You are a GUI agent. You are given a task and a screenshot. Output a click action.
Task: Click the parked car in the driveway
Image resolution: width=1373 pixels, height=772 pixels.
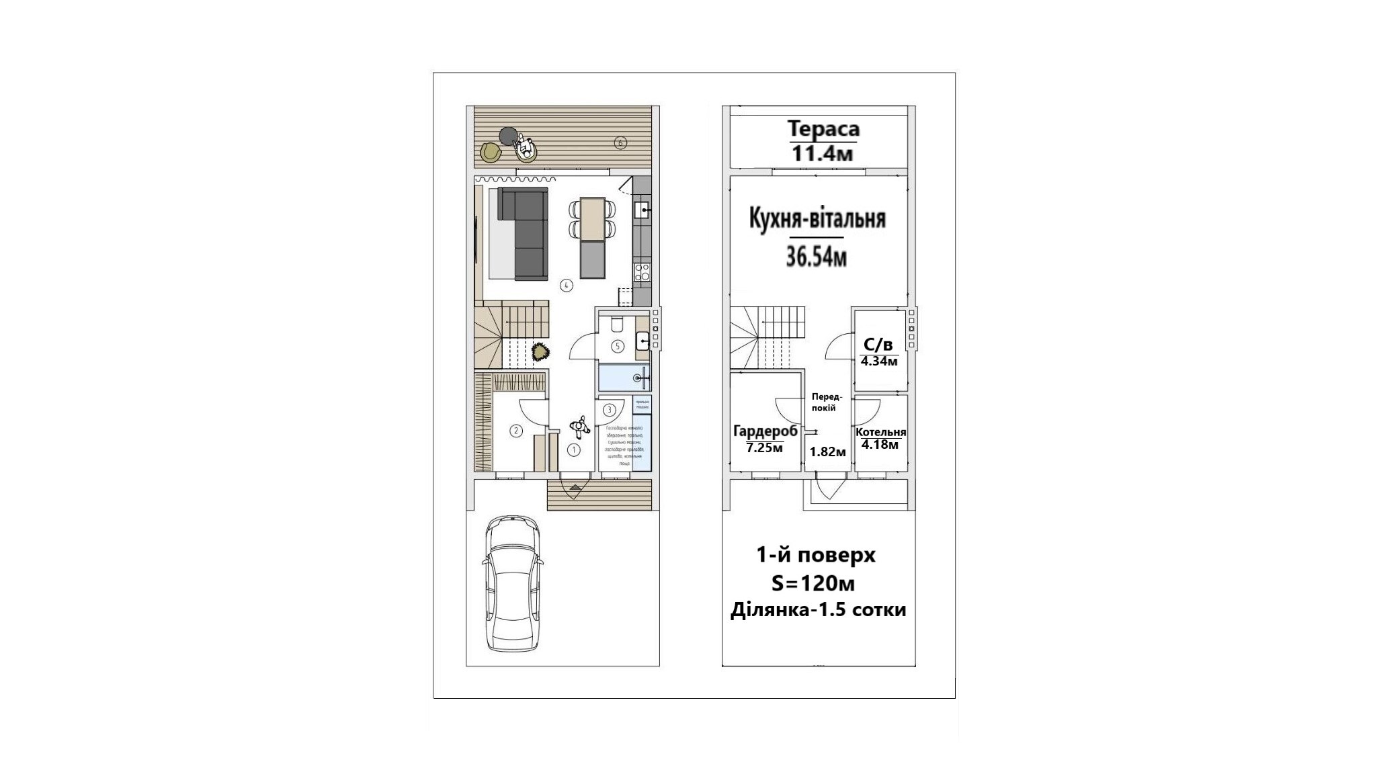(513, 584)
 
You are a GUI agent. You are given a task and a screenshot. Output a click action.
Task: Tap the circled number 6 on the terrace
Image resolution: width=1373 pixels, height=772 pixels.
(620, 142)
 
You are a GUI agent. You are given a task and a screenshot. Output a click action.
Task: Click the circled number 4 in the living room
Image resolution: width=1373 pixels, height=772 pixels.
(567, 286)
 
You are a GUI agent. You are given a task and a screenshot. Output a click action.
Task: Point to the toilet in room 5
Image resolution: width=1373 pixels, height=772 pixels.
(616, 325)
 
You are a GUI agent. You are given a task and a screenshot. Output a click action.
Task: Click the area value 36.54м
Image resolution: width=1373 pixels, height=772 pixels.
(816, 257)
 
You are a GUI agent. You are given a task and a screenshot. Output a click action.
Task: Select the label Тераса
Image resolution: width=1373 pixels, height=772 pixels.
(823, 128)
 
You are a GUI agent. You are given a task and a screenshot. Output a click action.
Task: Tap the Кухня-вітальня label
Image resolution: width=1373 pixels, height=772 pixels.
(817, 219)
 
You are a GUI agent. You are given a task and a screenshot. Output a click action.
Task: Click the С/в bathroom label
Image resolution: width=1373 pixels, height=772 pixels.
(878, 345)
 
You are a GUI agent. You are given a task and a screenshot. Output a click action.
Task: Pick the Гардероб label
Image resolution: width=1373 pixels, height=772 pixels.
(765, 431)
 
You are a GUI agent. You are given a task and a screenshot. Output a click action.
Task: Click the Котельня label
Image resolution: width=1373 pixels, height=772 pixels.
(880, 432)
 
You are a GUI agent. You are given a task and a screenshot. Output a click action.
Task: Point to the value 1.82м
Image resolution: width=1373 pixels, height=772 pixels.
(827, 452)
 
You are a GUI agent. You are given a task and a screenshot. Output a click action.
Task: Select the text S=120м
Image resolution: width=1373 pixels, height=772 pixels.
(813, 584)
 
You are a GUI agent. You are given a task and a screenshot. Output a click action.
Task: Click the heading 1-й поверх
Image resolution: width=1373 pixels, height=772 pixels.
(816, 556)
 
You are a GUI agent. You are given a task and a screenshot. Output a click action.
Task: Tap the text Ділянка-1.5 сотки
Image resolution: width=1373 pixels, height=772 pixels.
(818, 610)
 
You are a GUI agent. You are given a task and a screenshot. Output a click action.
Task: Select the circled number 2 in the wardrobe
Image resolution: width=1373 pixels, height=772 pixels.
(516, 431)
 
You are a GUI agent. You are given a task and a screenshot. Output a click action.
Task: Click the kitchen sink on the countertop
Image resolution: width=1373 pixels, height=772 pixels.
(642, 211)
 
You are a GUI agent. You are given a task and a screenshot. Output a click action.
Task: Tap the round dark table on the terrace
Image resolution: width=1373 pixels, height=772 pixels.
(509, 136)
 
